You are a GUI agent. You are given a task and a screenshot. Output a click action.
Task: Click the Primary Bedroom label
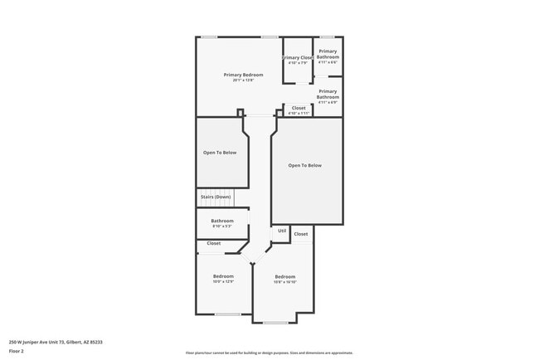coord(243,75)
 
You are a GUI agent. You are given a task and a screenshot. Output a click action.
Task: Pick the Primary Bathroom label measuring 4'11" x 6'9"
coord(328,94)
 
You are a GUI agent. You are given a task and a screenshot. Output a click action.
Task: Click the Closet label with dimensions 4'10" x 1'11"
coord(299,108)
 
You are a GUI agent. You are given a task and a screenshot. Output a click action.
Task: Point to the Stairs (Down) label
coord(216,197)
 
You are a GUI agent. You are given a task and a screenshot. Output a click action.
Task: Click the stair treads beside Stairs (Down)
coord(240,197)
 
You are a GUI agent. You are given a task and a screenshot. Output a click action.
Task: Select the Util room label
coord(282,231)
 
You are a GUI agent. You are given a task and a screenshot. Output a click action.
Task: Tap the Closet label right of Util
coord(301,234)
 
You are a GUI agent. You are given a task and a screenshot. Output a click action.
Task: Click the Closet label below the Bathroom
coord(214,243)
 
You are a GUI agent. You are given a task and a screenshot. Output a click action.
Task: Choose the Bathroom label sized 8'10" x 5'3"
coord(222,221)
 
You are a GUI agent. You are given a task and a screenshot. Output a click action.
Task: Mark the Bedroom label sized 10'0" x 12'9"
coord(223,276)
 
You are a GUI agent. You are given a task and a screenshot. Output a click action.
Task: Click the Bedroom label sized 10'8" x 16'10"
coord(285,276)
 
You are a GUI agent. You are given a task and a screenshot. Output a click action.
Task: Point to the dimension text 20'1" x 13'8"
coord(243,80)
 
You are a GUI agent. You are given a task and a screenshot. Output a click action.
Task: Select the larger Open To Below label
coord(304,166)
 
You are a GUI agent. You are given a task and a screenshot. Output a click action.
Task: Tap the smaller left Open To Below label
coord(221,153)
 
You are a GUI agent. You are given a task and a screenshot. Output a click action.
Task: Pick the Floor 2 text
coord(17,351)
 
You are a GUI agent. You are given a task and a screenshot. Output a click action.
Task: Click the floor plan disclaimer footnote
coord(269,353)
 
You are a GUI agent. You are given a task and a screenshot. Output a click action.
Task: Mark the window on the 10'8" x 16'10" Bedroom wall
coord(275,322)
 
